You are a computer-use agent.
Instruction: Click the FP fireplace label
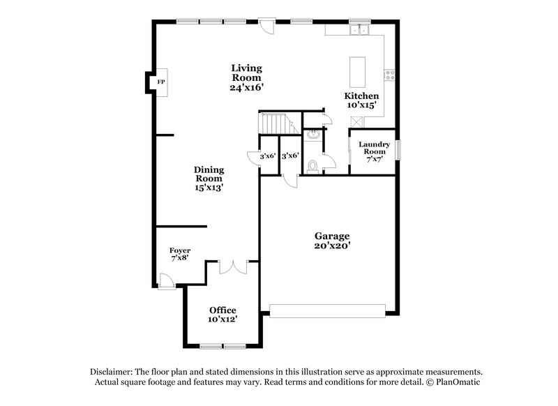click(160, 82)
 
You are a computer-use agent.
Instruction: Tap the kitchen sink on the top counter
click(360, 30)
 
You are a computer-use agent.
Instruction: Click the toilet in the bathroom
click(313, 166)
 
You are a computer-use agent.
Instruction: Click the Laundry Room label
click(374, 148)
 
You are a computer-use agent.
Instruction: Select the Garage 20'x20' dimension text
click(331, 246)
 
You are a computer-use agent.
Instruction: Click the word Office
click(223, 310)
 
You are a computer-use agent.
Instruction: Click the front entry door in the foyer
click(165, 280)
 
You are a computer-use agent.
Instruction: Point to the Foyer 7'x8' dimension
click(180, 259)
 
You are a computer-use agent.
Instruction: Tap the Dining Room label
click(208, 174)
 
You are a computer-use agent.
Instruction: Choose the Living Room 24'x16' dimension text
click(246, 88)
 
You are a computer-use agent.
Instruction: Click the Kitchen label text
click(362, 96)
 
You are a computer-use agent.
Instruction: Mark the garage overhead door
click(327, 310)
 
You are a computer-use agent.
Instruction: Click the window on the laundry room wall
click(399, 151)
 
